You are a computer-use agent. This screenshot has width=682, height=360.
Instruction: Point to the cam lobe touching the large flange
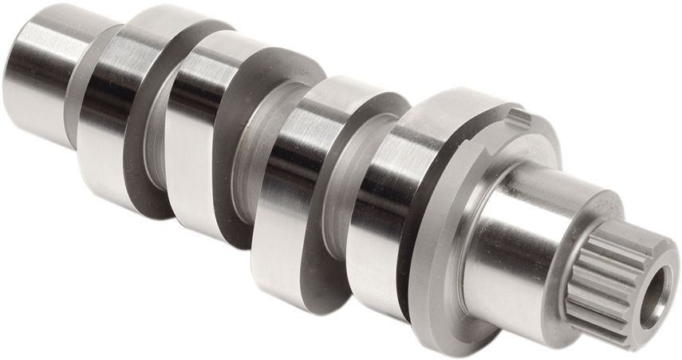[375, 200]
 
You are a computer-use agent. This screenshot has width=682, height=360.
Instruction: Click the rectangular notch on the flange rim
[519, 118]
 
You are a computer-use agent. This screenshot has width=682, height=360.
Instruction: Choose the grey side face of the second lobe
[231, 200]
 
